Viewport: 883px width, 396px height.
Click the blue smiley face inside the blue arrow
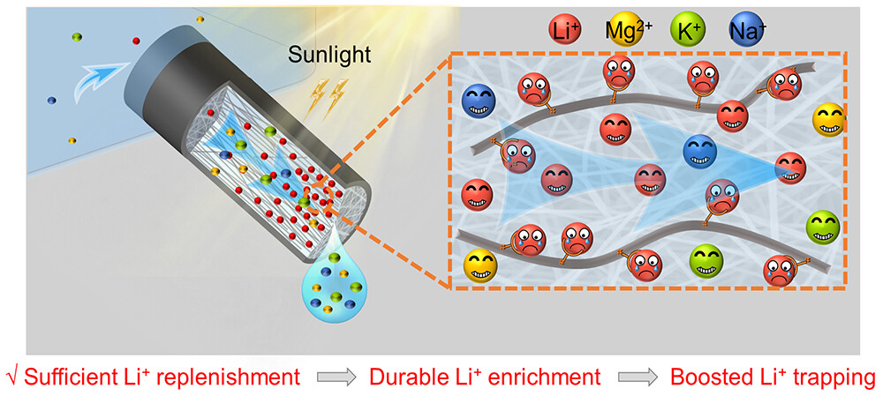coord(699,152)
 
